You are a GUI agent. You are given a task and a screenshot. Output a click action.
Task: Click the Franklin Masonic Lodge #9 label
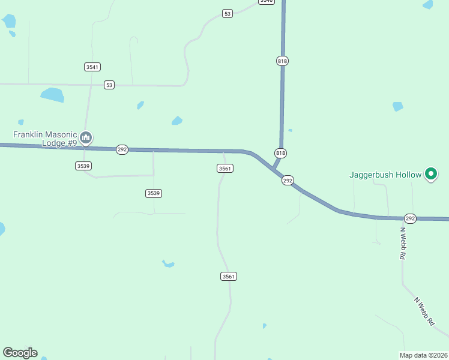[x=45, y=139]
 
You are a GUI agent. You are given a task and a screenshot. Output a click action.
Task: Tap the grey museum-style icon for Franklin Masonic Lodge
[x=86, y=139]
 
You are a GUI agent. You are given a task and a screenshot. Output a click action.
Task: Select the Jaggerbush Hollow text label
[x=386, y=175]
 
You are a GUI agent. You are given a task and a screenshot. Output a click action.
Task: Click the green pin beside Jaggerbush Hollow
[x=430, y=174]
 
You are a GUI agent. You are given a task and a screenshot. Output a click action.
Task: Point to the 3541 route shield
[x=92, y=67]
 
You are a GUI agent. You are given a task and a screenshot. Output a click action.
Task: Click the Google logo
[x=20, y=353]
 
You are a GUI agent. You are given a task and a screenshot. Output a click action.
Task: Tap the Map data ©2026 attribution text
[x=424, y=355]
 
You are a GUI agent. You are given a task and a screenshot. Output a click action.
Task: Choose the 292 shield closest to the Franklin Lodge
[x=122, y=149]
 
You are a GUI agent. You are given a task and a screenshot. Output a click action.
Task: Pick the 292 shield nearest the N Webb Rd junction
[x=410, y=218]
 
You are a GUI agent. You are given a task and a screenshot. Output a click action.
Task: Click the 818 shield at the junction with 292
[x=280, y=153]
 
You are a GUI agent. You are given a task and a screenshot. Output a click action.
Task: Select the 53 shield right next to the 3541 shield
[x=109, y=85]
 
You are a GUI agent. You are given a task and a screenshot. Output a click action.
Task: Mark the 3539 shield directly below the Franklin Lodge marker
[x=83, y=166]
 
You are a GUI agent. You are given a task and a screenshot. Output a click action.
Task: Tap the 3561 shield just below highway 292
[x=225, y=169]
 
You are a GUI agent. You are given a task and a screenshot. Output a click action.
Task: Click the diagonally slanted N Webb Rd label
[x=424, y=311]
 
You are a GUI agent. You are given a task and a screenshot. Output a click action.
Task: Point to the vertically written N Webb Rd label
[x=403, y=243]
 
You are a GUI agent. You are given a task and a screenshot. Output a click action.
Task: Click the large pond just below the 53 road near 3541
[x=52, y=95]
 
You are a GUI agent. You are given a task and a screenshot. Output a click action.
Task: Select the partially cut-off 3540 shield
[x=267, y=2]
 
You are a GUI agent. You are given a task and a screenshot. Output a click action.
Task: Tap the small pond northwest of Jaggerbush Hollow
[x=397, y=107]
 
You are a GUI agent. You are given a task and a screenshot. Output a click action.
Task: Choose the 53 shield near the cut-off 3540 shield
[x=227, y=13]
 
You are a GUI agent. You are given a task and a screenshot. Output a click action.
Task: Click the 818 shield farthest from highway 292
[x=282, y=61]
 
